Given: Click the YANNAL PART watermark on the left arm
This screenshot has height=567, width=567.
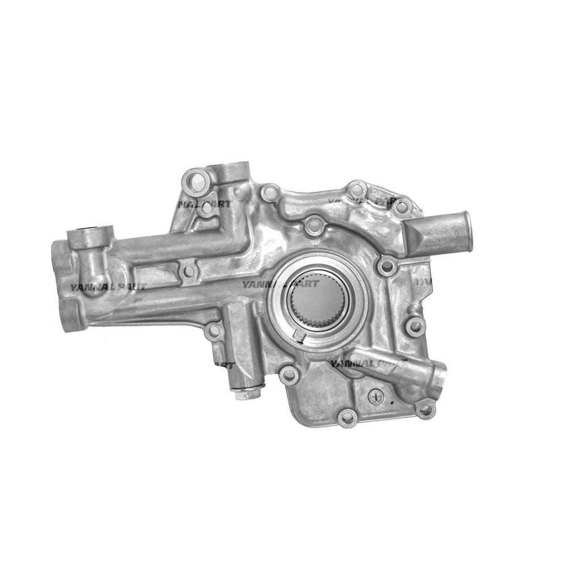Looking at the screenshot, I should (108, 286).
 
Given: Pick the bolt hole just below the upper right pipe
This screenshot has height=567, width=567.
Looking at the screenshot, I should (387, 265).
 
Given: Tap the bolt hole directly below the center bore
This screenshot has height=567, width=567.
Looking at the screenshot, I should (290, 374).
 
